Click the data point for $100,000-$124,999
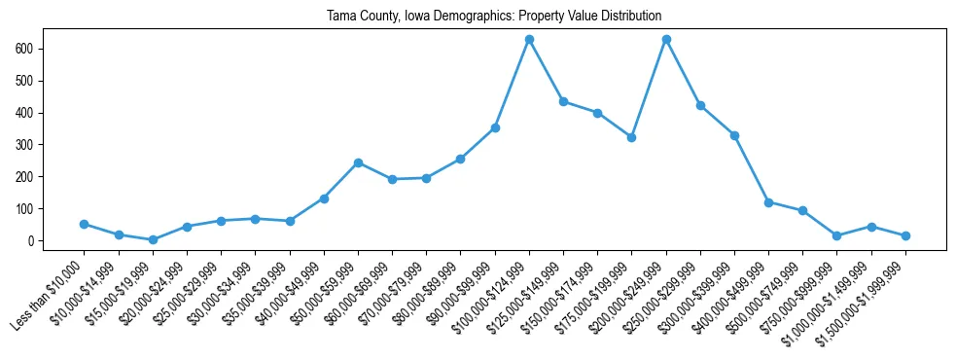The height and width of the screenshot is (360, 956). point(529,39)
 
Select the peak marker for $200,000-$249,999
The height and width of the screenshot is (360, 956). point(666,39)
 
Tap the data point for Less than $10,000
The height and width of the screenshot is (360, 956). point(85,224)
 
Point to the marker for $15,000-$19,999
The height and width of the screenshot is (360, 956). point(153,239)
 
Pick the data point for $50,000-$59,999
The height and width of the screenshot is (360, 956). point(358,162)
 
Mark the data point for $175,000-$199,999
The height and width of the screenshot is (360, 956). point(631,137)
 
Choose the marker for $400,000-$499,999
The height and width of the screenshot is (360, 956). point(768,202)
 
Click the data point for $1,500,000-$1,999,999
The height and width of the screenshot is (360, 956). point(905,235)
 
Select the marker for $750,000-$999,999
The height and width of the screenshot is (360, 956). point(836,235)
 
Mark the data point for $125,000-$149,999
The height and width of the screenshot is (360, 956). point(563,101)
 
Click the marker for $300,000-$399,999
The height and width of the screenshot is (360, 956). point(734,135)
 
